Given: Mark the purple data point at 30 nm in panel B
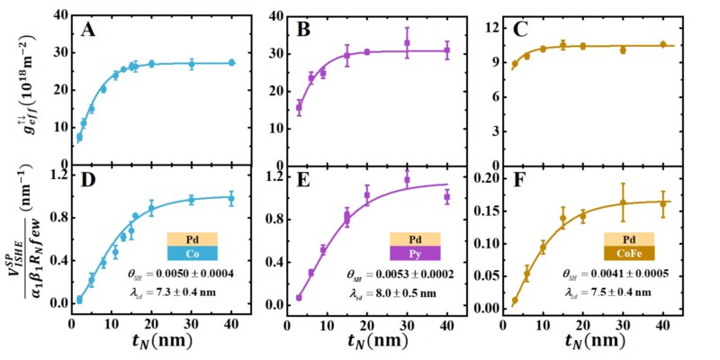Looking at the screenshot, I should [x=407, y=42].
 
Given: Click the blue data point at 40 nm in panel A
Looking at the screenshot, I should [x=231, y=62].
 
